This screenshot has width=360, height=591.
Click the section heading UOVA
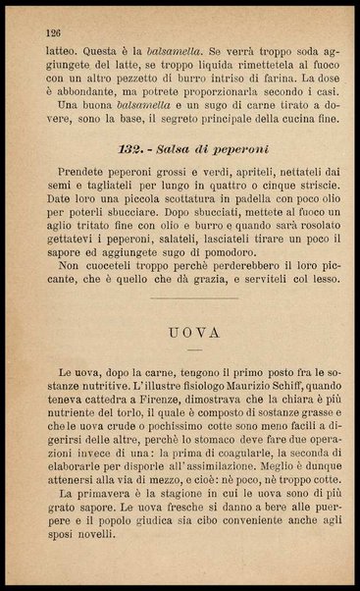click(180, 332)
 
